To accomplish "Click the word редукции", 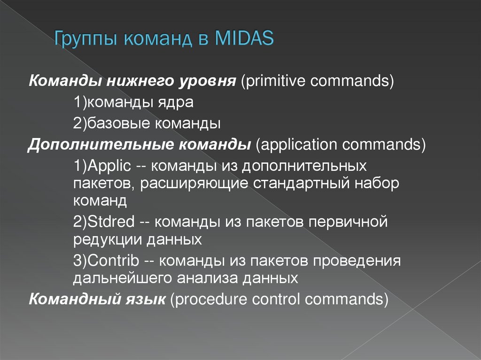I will coord(108,240).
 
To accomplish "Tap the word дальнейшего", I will coord(123,278).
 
